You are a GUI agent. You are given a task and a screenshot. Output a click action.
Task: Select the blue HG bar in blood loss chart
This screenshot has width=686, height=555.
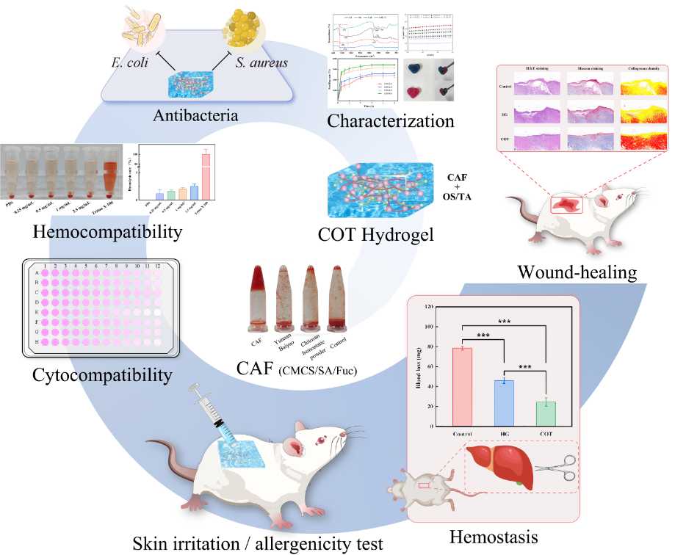click(x=504, y=402)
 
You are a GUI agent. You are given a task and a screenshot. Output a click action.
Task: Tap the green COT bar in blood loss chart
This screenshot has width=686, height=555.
click(x=546, y=413)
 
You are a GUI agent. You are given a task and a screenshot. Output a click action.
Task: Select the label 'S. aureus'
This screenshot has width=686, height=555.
click(x=261, y=62)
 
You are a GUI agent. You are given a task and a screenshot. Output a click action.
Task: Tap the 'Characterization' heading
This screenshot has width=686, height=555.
click(x=391, y=119)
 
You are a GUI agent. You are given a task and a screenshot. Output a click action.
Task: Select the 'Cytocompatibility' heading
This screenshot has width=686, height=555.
click(x=102, y=375)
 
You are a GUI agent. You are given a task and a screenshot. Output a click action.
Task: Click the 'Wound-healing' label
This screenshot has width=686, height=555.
click(x=577, y=272)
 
